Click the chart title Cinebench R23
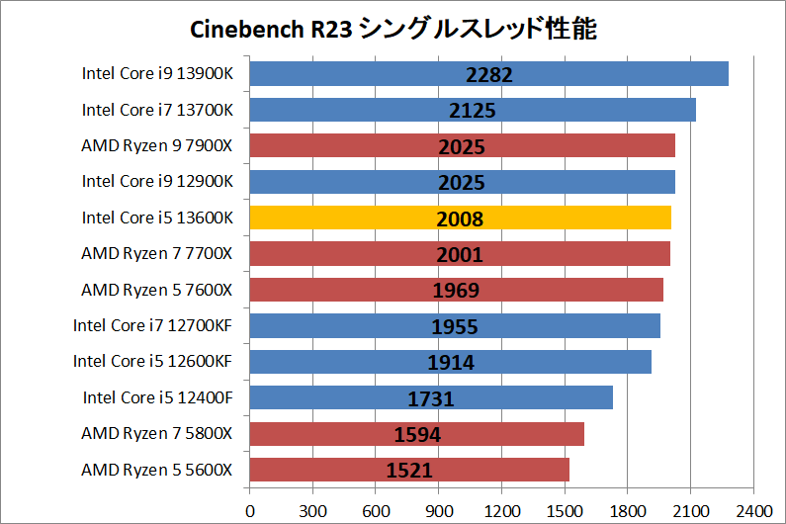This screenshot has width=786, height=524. [393, 29]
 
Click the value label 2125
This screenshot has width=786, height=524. [473, 111]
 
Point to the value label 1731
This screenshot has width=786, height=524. [430, 399]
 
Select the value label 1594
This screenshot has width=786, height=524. [416, 435]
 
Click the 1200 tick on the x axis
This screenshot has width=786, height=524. [501, 511]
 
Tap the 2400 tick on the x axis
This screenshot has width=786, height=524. [752, 511]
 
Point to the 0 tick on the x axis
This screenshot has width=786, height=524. [250, 511]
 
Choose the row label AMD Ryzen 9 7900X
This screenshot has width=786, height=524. [157, 145]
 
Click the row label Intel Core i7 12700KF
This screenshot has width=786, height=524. [153, 325]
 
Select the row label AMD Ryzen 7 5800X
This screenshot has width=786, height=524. [157, 434]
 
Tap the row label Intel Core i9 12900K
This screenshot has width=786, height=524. [157, 181]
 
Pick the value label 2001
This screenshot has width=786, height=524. [460, 255]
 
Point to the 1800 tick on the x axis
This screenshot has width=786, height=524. [627, 511]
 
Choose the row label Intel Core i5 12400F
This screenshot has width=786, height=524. [158, 397]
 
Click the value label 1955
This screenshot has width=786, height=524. [455, 327]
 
